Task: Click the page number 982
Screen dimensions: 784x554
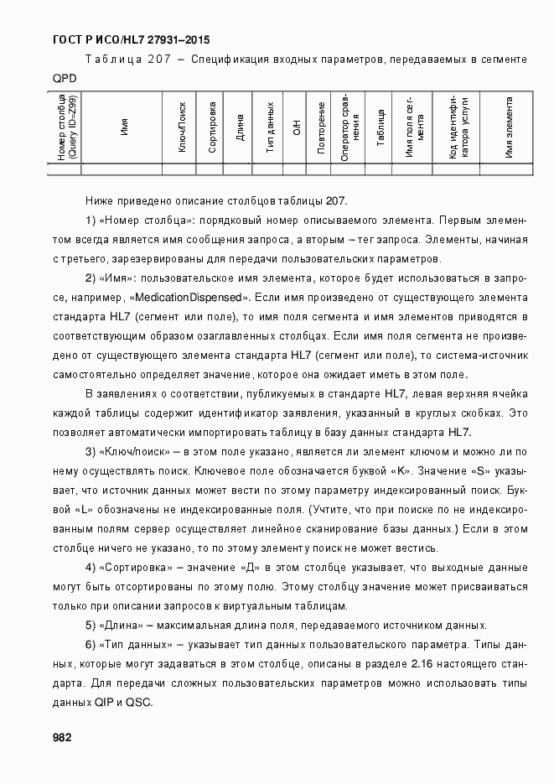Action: [61, 738]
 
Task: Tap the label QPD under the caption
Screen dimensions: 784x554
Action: [65, 77]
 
